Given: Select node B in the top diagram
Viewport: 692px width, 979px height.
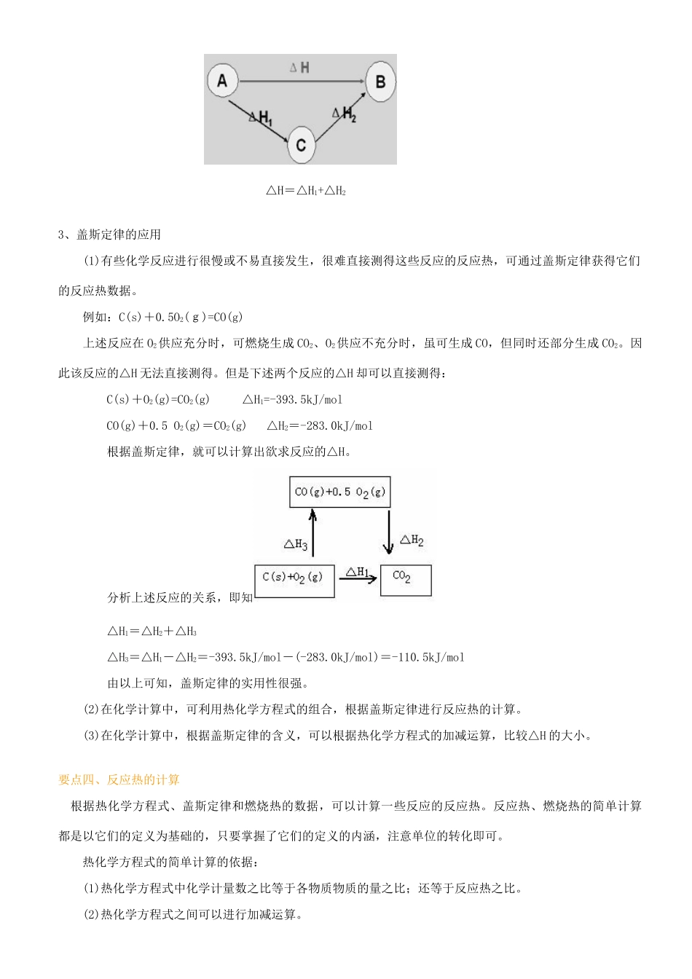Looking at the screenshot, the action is point(380,81).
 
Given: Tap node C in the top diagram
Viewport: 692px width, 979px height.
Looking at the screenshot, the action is point(301,144).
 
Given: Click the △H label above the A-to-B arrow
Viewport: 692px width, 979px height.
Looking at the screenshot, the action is point(299,68).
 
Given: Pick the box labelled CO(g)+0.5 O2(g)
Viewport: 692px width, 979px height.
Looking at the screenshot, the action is point(339,492).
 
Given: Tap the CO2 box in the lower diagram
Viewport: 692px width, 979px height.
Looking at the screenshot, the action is point(405,580).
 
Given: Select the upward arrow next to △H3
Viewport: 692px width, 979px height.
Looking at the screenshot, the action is point(313,533).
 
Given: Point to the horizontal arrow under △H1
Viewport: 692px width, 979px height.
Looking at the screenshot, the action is point(357,581).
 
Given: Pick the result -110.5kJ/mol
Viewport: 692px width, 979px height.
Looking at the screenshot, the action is point(428,657).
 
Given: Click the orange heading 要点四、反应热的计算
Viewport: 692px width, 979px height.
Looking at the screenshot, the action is point(119,779).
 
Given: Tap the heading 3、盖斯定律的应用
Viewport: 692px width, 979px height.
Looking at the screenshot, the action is point(109,235).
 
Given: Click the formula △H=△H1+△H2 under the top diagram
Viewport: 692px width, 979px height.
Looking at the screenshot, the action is point(305,192).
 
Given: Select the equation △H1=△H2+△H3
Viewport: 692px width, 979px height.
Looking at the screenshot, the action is point(152,631).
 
